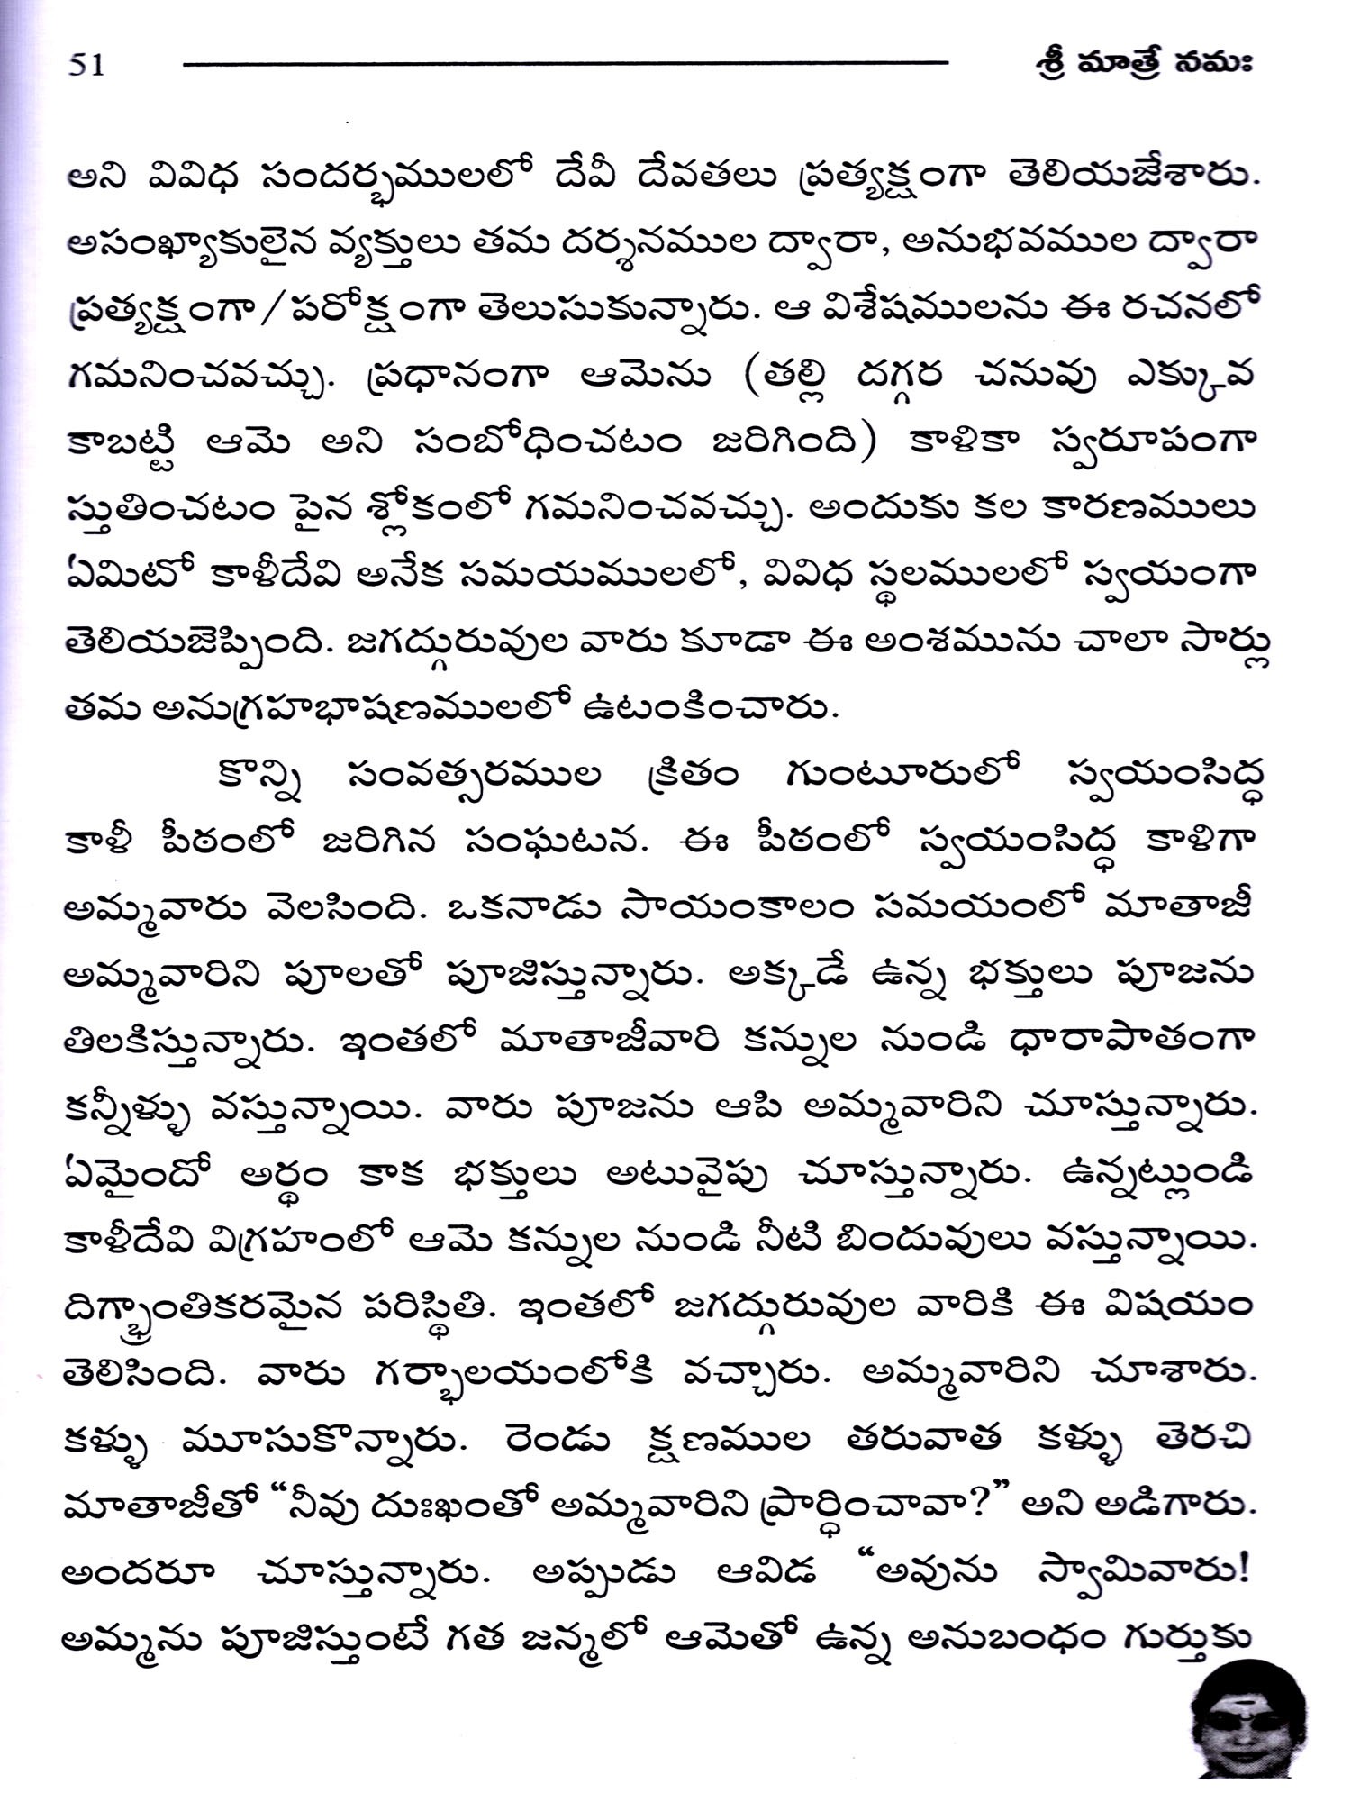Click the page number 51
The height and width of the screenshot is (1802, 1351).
86,65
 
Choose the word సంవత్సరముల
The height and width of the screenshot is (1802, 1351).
474,777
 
